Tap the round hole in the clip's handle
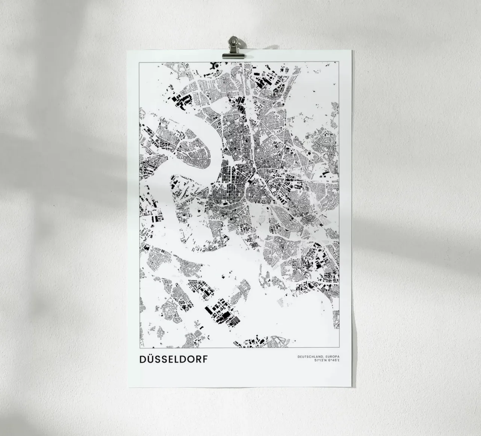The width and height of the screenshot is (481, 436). pyautogui.click(x=233, y=39)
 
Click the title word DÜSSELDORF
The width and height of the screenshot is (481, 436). pyautogui.click(x=173, y=359)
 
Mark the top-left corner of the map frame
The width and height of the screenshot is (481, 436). pyautogui.click(x=139, y=60)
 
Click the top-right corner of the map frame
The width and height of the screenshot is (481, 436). pyautogui.click(x=340, y=60)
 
